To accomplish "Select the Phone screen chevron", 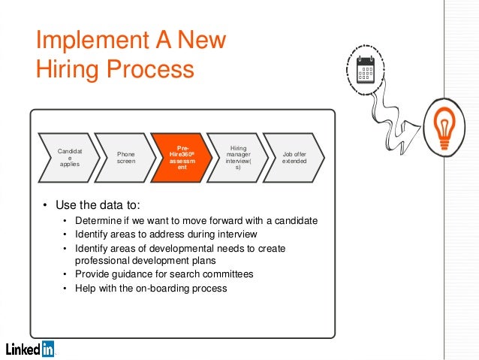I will click(125, 157).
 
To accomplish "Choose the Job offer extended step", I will click(294, 157).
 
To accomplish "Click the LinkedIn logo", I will click(30, 349).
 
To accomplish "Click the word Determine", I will click(97, 221).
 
